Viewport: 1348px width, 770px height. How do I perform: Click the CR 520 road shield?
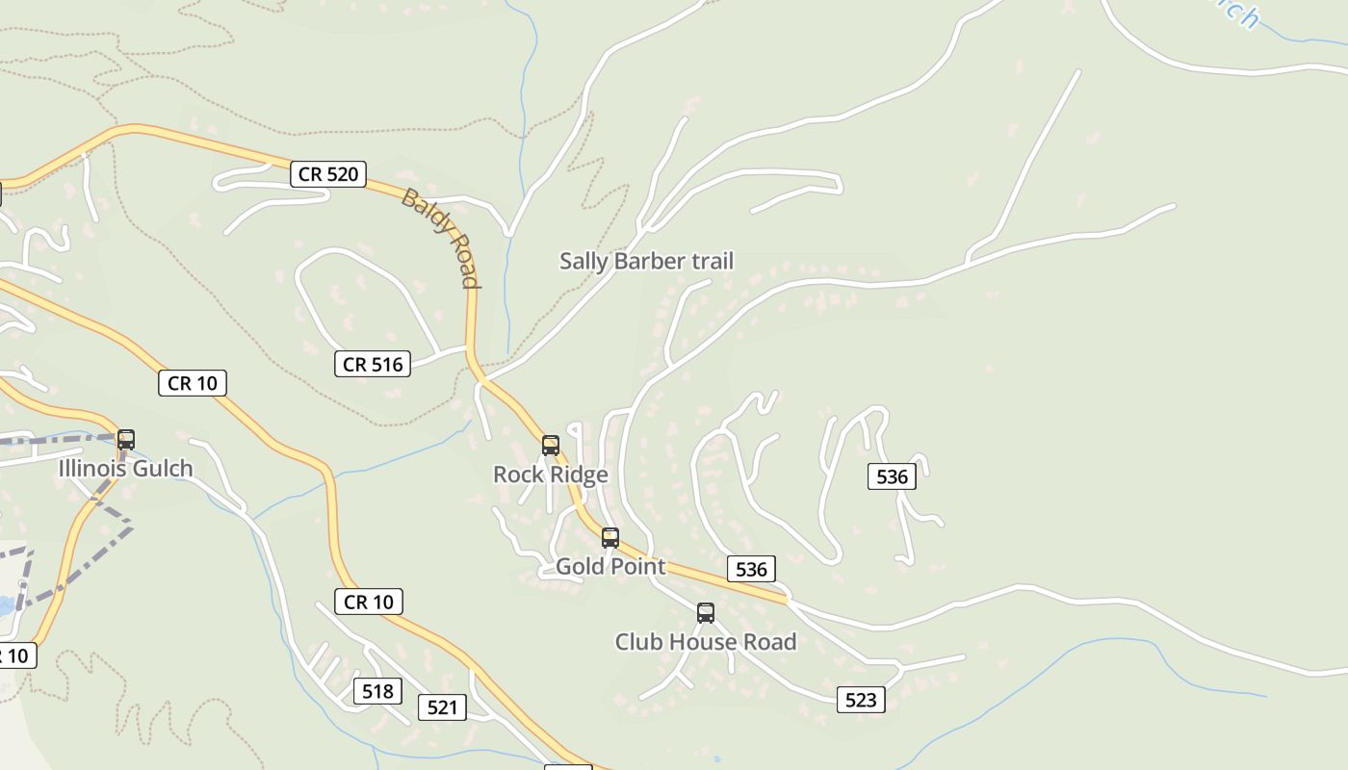pyautogui.click(x=328, y=174)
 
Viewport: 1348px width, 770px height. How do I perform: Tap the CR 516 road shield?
pyautogui.click(x=373, y=364)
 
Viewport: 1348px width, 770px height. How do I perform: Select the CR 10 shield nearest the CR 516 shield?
pyautogui.click(x=193, y=383)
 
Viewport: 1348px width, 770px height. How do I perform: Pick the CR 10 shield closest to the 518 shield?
pyautogui.click(x=369, y=602)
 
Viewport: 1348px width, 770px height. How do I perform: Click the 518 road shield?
pyautogui.click(x=377, y=691)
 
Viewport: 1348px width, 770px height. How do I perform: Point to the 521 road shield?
pyautogui.click(x=442, y=707)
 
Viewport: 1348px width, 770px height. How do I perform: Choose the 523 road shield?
pyautogui.click(x=860, y=700)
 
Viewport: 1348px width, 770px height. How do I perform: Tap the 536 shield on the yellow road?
pyautogui.click(x=751, y=569)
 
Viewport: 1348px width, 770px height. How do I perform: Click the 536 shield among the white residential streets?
pyautogui.click(x=892, y=476)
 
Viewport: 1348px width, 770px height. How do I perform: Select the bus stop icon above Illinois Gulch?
pyautogui.click(x=126, y=440)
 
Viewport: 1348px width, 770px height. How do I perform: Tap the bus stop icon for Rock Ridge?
pyautogui.click(x=551, y=446)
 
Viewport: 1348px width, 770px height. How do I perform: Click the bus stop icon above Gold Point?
pyautogui.click(x=610, y=538)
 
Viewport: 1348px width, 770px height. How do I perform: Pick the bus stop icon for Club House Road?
pyautogui.click(x=706, y=613)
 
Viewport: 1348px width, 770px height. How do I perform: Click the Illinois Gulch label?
pyautogui.click(x=126, y=469)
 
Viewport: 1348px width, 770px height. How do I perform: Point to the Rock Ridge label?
pyautogui.click(x=551, y=475)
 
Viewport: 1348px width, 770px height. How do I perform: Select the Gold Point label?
pyautogui.click(x=610, y=566)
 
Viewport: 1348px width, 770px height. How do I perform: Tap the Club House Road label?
pyautogui.click(x=706, y=642)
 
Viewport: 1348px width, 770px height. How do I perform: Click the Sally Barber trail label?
pyautogui.click(x=646, y=261)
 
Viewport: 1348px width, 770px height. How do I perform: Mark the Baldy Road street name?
pyautogui.click(x=441, y=237)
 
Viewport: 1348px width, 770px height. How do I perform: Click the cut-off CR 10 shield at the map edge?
pyautogui.click(x=16, y=656)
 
